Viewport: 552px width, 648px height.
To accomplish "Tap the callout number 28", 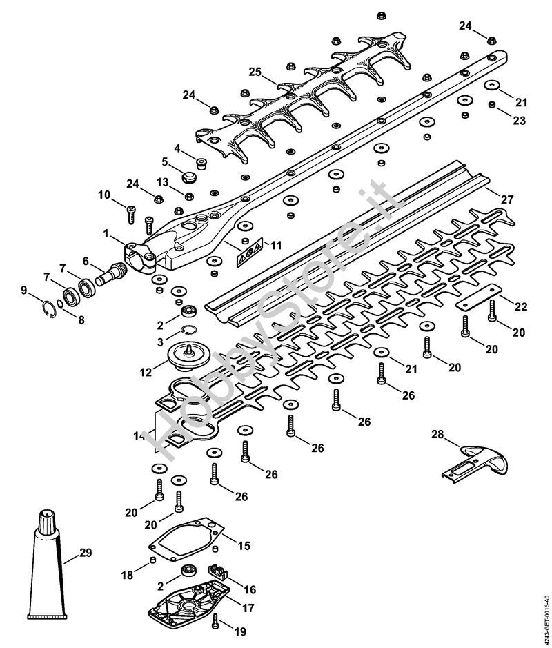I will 437,434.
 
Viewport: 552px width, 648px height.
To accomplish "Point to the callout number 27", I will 507,199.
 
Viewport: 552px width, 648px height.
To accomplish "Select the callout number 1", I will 105,235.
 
